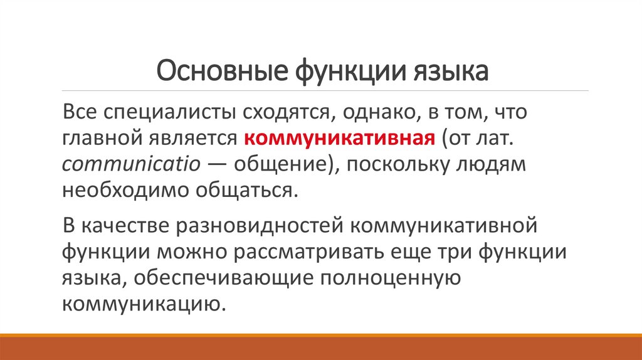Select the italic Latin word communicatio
pos(131,164)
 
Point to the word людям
pos(498,164)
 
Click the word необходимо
pos(125,189)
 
